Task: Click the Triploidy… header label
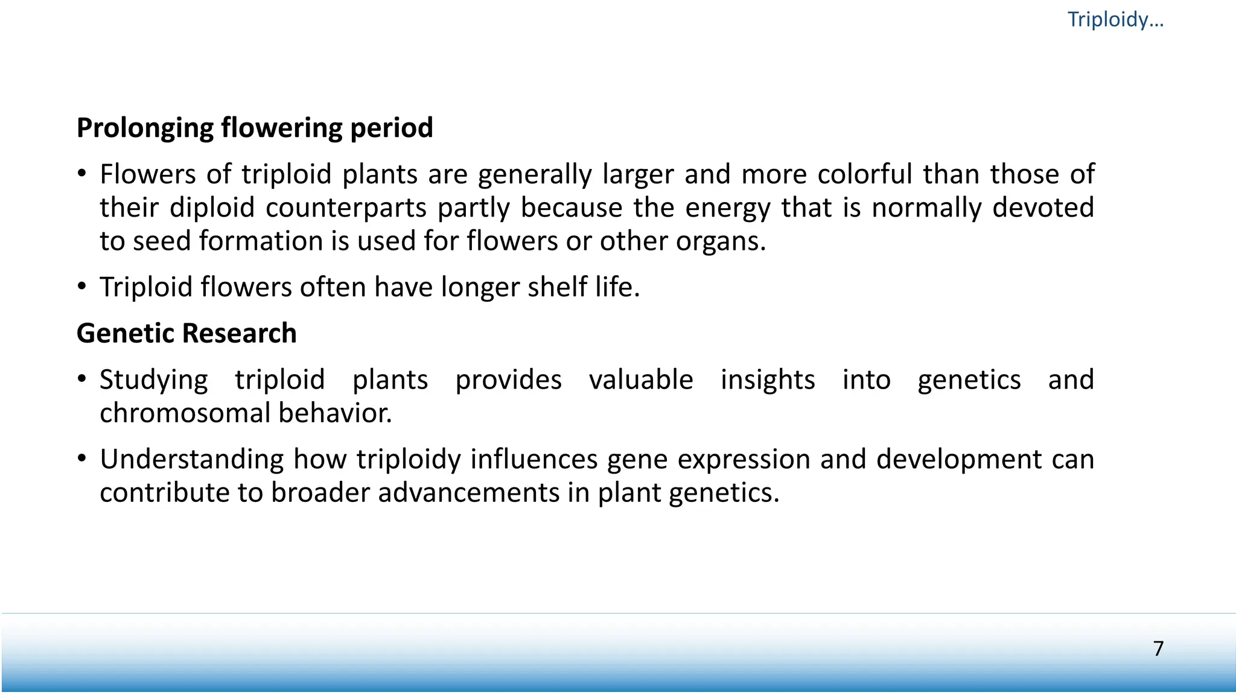point(1115,19)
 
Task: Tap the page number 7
point(1158,649)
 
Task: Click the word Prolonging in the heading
point(145,128)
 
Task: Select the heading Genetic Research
point(186,333)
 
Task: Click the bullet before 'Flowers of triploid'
point(82,174)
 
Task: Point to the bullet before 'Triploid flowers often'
point(82,287)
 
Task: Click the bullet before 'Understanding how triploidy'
point(82,459)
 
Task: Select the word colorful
point(864,174)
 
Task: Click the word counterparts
point(346,208)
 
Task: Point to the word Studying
point(153,380)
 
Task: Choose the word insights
point(768,380)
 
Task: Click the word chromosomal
point(184,413)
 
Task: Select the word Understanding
point(191,460)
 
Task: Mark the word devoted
point(1043,208)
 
